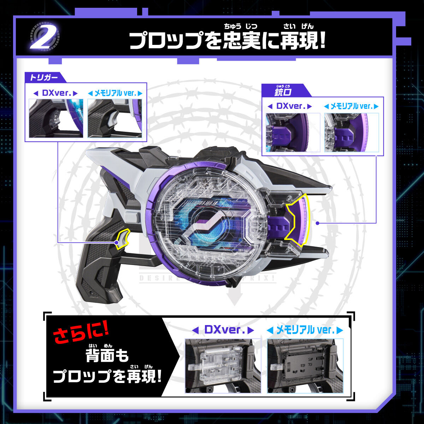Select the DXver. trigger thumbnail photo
(x=56, y=118)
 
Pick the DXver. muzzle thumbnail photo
(x=293, y=132)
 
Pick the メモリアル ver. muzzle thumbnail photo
(x=351, y=132)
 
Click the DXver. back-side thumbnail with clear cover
(x=223, y=365)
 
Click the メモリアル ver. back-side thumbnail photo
(x=305, y=365)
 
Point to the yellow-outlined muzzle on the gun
(x=297, y=221)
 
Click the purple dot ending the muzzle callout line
(x=317, y=223)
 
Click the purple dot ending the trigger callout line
(x=117, y=242)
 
